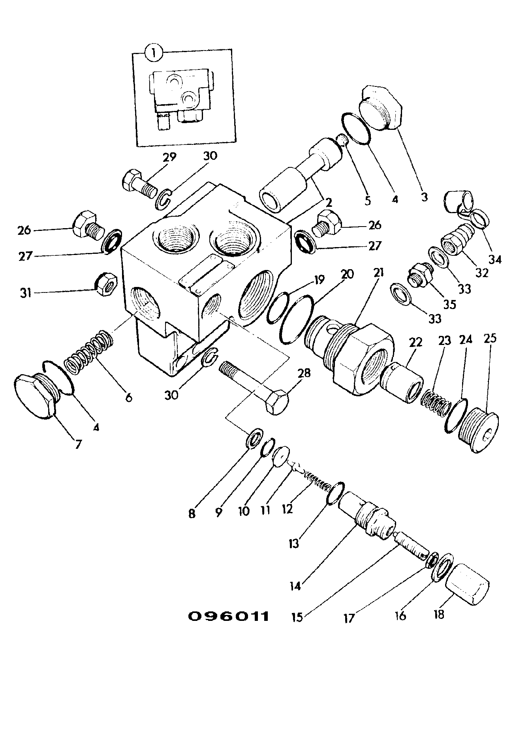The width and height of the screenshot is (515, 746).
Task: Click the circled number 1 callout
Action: (154, 53)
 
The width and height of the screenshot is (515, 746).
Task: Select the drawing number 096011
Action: (228, 616)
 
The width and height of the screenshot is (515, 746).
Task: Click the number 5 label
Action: (367, 200)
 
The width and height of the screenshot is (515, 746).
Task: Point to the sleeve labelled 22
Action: (402, 383)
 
